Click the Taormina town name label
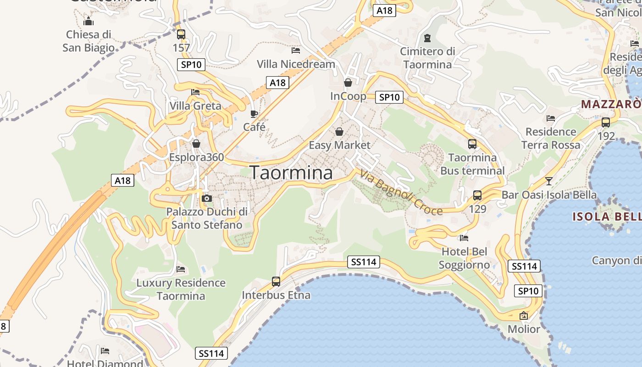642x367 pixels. tap(291, 172)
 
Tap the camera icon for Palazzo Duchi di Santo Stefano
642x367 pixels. tap(207, 198)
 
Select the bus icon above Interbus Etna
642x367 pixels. tap(276, 281)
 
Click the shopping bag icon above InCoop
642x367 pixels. tap(348, 83)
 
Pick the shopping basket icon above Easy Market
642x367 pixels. tap(339, 132)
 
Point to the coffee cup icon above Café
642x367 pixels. tap(254, 113)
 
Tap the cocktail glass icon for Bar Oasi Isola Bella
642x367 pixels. tap(549, 181)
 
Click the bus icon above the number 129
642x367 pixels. tap(477, 195)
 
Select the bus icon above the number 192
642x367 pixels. tap(606, 122)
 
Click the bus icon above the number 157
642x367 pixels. tap(181, 34)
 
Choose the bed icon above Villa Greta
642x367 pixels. tap(195, 92)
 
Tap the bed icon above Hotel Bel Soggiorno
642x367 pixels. tap(464, 238)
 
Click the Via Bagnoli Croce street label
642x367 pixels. tap(401, 192)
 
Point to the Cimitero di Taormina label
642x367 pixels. tap(427, 58)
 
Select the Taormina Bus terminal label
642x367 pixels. tap(472, 164)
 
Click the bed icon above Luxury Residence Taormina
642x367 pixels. tap(181, 269)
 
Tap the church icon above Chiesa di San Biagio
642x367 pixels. tap(89, 21)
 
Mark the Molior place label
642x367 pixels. tap(524, 329)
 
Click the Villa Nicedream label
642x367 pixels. tap(296, 64)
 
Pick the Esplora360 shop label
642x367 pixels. tap(196, 157)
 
